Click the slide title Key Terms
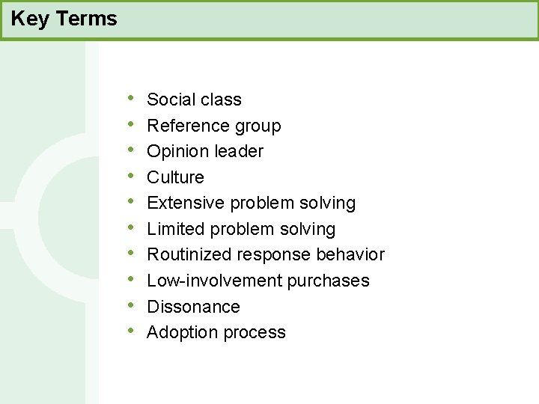[64, 19]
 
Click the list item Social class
[194, 100]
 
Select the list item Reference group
[213, 126]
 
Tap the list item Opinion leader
[205, 151]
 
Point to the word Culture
[175, 177]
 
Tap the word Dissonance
[193, 307]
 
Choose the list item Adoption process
[216, 332]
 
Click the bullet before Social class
[131, 99]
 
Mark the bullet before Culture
[131, 177]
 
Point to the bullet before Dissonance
[131, 306]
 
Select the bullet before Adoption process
[131, 331]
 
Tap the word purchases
[335, 281]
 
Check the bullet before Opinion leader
[131, 150]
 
